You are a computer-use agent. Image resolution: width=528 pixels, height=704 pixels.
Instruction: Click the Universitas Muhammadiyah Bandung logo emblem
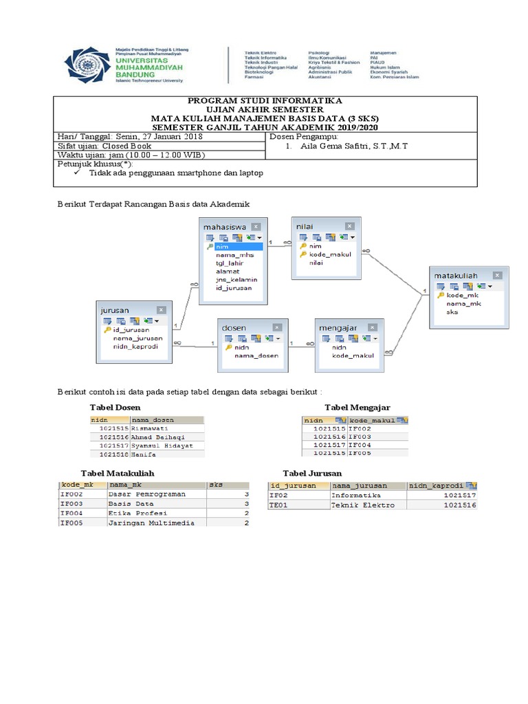coord(85,65)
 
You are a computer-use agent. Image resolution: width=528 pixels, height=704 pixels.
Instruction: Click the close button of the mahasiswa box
coord(255,226)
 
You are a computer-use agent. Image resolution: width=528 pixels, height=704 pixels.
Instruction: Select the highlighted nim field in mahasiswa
coord(221,246)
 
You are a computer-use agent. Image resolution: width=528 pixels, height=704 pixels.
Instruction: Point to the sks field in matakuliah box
coord(452,311)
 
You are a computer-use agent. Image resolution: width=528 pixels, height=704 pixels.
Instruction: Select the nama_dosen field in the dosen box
coord(256,355)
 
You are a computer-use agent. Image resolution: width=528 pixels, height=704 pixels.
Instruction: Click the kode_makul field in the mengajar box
coord(351,355)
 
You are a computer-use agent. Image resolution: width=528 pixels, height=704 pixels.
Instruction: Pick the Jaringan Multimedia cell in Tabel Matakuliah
coord(151,522)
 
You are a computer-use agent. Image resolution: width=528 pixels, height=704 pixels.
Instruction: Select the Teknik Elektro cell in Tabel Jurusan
coord(363,505)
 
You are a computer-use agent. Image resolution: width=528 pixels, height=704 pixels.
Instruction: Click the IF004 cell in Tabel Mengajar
coord(360,445)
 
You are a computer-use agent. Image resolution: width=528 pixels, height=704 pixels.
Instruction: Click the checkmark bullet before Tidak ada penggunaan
coord(77,173)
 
